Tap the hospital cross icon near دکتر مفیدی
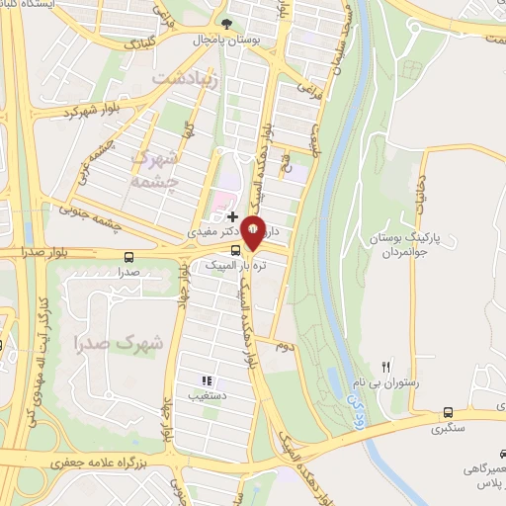[232, 215]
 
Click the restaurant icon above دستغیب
[207, 380]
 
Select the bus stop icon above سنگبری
[449, 413]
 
